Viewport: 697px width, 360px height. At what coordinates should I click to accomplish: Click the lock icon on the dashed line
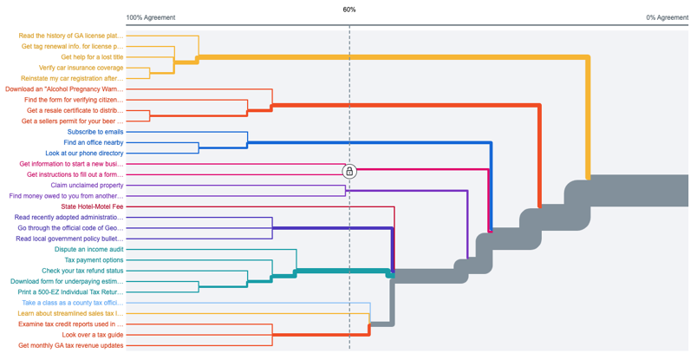[x=349, y=171]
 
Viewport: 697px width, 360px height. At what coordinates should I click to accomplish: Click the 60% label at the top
[x=349, y=10]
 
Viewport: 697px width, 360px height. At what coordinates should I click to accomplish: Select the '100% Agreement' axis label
[x=151, y=17]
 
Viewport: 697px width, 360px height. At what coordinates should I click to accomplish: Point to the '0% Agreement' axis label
[x=667, y=17]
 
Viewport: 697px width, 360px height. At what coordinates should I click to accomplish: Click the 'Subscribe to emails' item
[x=95, y=132]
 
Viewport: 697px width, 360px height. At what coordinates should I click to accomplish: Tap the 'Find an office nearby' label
[x=94, y=142]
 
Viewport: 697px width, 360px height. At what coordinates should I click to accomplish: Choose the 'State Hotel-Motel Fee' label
[x=92, y=206]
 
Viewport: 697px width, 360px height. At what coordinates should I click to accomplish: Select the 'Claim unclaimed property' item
[x=87, y=185]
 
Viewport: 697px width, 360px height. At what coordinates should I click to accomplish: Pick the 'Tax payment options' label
[x=94, y=260]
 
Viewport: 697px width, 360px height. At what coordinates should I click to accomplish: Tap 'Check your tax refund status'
[x=82, y=271]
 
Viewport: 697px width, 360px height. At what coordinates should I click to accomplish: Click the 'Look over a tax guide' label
[x=93, y=335]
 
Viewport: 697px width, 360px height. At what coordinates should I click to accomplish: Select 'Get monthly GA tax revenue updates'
[x=71, y=345]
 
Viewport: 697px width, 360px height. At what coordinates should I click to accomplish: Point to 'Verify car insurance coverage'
[x=81, y=68]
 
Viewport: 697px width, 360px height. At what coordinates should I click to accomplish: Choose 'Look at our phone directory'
[x=84, y=154]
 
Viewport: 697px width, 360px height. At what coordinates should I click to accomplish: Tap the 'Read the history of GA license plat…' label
[x=71, y=36]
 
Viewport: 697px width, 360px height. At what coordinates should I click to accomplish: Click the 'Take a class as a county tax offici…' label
[x=73, y=303]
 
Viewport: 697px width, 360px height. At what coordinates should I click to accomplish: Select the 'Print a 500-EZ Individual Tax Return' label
[x=69, y=291]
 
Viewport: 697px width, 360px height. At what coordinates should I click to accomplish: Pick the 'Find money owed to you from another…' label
[x=67, y=196]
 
